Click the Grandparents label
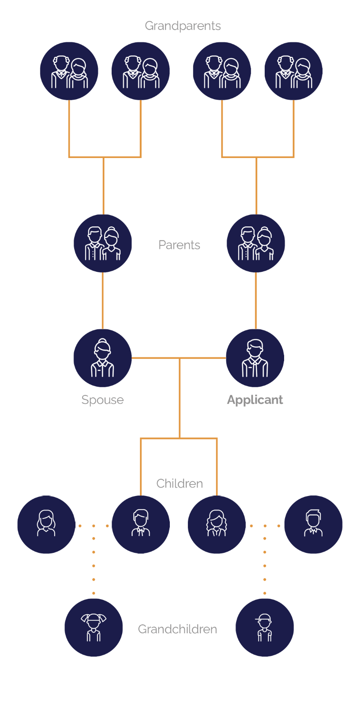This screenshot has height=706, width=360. click(x=183, y=26)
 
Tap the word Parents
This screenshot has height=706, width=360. click(x=179, y=245)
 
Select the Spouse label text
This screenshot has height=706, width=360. click(x=102, y=400)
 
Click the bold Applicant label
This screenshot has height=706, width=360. click(x=255, y=400)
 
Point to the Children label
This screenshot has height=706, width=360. click(x=180, y=484)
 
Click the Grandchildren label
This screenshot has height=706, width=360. click(x=177, y=629)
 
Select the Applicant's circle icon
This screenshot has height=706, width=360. click(x=255, y=358)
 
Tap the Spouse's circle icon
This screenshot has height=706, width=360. click(x=102, y=358)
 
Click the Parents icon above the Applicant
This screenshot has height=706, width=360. click(x=255, y=243)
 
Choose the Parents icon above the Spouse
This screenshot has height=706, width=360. click(x=103, y=243)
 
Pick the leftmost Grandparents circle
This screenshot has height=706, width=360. click(x=69, y=71)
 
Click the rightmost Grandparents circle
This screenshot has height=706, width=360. click(x=293, y=71)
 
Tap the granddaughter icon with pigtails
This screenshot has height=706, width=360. click(x=94, y=627)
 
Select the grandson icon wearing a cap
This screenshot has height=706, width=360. click(x=264, y=627)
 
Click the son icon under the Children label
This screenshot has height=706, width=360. click(x=141, y=525)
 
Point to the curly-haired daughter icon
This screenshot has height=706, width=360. click(x=217, y=525)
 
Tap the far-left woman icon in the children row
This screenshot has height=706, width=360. click(x=46, y=525)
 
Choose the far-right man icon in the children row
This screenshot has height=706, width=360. click(x=313, y=525)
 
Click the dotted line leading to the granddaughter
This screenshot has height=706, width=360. click(x=94, y=559)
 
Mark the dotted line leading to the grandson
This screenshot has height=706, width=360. click(x=265, y=559)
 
